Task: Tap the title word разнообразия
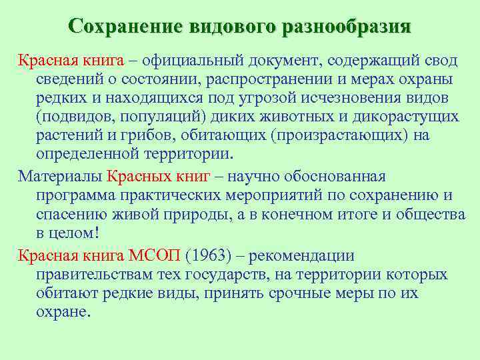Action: tap(347, 27)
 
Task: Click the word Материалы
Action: tap(59, 177)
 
